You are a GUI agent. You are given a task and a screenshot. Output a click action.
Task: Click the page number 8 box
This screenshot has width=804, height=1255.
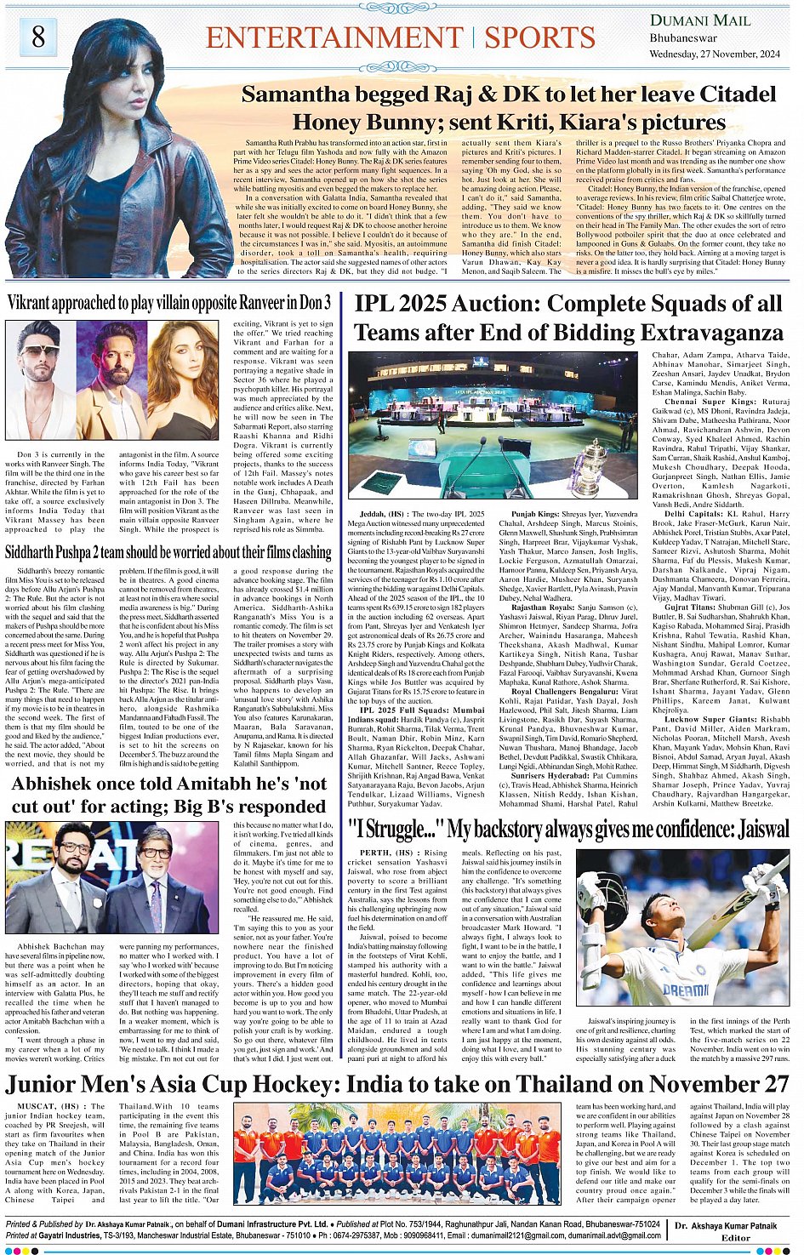[38, 37]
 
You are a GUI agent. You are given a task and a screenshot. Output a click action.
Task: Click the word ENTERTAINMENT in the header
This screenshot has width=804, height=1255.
[335, 38]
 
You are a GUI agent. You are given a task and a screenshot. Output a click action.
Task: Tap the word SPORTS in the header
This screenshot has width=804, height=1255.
[539, 38]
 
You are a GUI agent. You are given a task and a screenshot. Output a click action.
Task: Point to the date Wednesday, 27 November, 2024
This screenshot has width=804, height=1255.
[715, 54]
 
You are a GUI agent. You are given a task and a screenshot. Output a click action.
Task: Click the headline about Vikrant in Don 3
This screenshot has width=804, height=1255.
[168, 302]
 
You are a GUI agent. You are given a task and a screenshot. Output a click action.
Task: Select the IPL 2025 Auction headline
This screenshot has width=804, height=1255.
[567, 317]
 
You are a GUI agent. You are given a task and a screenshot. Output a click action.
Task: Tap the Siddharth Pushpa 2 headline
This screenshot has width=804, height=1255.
[168, 551]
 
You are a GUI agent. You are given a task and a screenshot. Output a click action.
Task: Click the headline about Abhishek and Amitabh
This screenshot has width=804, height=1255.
[168, 794]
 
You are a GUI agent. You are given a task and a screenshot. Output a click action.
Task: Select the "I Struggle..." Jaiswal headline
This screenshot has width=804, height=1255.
[568, 829]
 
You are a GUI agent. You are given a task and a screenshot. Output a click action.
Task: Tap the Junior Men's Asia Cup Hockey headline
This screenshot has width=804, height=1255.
[396, 1083]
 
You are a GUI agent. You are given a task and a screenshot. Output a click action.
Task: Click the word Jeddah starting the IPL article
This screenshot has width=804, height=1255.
[372, 514]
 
